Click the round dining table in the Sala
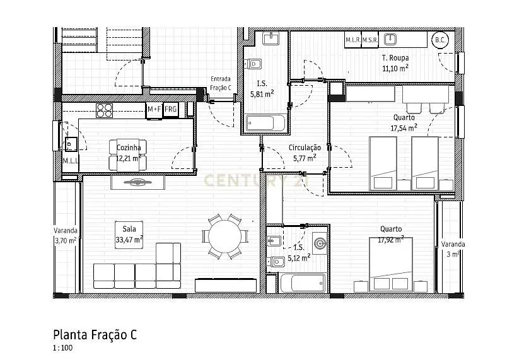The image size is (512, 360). [x=225, y=236]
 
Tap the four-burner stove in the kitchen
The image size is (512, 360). [x=104, y=110]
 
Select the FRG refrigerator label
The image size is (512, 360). [x=170, y=109]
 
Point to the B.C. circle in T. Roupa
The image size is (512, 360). [x=440, y=40]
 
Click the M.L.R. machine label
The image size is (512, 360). [x=352, y=40]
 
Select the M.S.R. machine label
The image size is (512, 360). [x=370, y=40]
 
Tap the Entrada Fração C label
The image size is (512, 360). [x=221, y=83]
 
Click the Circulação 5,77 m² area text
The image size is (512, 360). [x=305, y=153]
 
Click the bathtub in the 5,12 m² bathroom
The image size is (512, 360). [x=303, y=283]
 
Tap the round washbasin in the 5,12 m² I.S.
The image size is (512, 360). [x=320, y=243]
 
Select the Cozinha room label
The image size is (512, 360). [x=129, y=148]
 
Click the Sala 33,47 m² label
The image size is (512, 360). [x=129, y=235]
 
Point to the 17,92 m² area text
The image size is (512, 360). [x=391, y=240]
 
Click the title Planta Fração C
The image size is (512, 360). [x=95, y=335]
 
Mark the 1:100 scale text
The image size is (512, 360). [x=62, y=348]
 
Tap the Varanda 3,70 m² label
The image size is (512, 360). [x=66, y=236]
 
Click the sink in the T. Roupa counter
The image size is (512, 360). [x=390, y=40]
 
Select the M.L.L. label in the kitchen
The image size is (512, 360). [x=71, y=161]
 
